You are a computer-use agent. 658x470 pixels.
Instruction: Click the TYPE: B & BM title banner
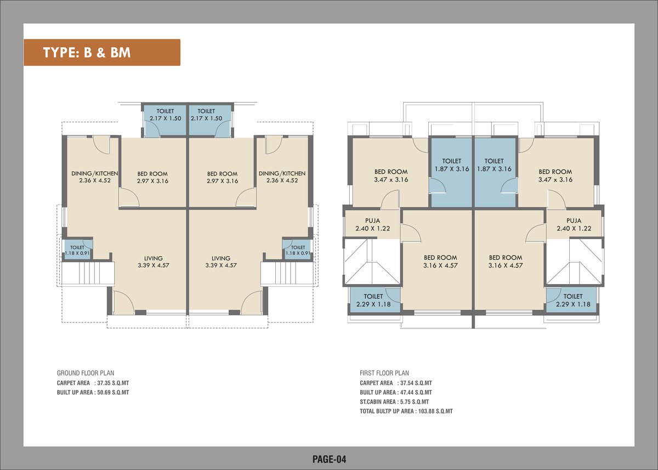[102, 53]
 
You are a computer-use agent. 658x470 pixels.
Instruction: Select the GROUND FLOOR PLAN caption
[86, 373]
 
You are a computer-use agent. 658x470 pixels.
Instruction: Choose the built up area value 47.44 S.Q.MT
[415, 392]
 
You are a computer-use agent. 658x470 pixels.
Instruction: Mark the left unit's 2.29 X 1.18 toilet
[373, 300]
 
